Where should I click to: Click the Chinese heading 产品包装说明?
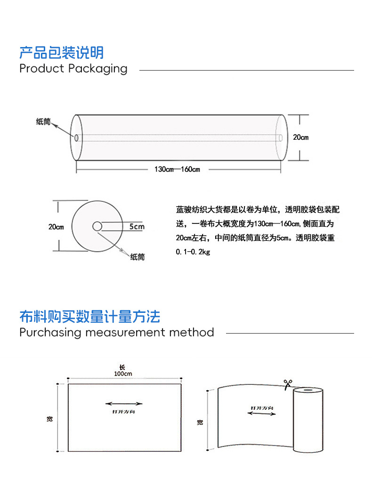(x=61, y=52)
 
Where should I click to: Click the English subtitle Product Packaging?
(x=73, y=69)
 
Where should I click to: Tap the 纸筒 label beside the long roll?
(x=43, y=121)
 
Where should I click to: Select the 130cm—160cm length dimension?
(x=177, y=169)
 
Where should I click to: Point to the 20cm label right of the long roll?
(x=300, y=137)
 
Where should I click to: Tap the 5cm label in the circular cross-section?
(x=137, y=227)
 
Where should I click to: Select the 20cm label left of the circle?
(x=56, y=227)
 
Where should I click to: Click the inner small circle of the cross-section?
(x=97, y=226)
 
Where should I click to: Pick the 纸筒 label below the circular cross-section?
(x=137, y=257)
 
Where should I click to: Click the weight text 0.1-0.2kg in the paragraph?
(x=193, y=252)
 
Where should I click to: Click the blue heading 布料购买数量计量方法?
(x=89, y=316)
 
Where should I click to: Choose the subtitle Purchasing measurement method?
(x=116, y=333)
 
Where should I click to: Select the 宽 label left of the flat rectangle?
(x=49, y=419)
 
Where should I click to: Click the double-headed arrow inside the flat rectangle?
(x=124, y=403)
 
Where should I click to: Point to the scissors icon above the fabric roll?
(x=286, y=384)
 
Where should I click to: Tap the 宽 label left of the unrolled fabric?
(x=200, y=422)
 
